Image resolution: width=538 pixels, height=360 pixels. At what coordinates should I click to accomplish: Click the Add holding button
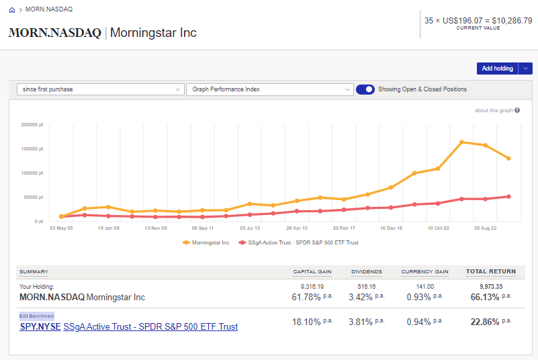(x=497, y=69)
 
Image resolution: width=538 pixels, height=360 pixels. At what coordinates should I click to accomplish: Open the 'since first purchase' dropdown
(x=100, y=89)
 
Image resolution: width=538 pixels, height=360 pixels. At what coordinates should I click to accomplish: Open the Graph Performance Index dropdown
(x=269, y=89)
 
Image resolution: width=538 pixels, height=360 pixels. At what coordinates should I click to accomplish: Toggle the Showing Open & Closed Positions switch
(x=365, y=89)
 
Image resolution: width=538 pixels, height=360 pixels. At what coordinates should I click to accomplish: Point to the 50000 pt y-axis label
(x=33, y=197)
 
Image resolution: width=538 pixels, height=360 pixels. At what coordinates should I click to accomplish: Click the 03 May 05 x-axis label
(x=62, y=228)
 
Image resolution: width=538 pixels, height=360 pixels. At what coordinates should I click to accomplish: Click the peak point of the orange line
(x=462, y=142)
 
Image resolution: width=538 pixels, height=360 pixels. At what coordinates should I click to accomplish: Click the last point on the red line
(x=509, y=196)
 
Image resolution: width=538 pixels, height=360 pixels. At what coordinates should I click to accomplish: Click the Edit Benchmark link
(x=37, y=316)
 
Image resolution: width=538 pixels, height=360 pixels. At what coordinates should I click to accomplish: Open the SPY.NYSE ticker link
(x=40, y=327)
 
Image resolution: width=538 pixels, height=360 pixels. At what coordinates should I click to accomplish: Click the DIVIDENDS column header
(x=367, y=272)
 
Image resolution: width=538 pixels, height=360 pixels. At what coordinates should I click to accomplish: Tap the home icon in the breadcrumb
(x=12, y=10)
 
